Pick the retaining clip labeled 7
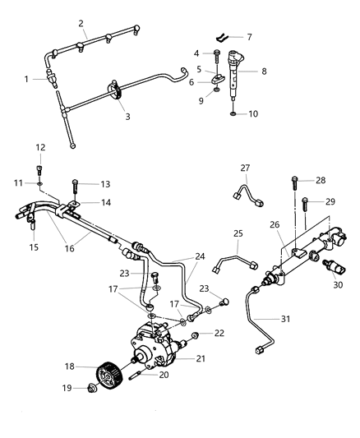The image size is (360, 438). click(x=223, y=37)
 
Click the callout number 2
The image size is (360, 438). click(x=81, y=24)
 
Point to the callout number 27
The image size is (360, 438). click(x=245, y=168)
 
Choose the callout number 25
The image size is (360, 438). click(x=238, y=234)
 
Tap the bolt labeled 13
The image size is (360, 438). click(x=76, y=184)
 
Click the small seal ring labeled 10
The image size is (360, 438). click(x=232, y=113)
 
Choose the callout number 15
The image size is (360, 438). click(x=33, y=247)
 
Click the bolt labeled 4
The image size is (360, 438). click(x=215, y=55)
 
